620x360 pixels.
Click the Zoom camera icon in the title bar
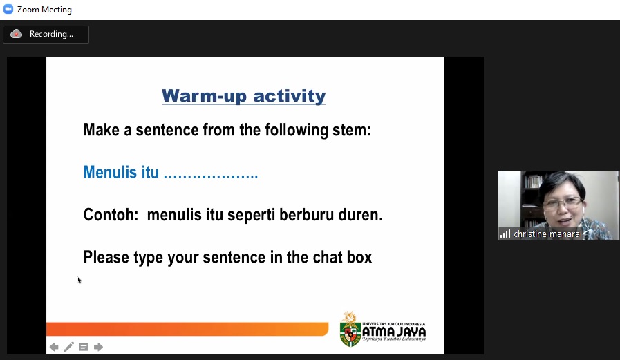8,9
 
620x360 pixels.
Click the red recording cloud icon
16,34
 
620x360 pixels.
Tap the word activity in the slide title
290,96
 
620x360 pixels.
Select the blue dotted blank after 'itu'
211,176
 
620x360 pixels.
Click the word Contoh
111,215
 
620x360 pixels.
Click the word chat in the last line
328,257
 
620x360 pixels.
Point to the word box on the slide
359,257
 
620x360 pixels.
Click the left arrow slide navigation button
54,347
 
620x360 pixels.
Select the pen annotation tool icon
69,347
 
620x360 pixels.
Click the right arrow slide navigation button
98,347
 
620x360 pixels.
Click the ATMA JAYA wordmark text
394,331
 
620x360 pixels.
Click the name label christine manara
547,234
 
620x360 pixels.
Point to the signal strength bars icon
505,234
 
